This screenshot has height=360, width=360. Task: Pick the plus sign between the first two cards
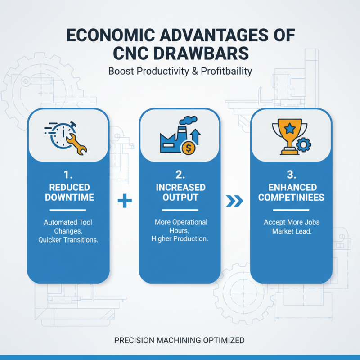pyautogui.click(x=124, y=202)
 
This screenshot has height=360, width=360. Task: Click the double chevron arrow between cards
pyautogui.click(x=236, y=202)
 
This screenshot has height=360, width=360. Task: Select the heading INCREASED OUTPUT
pyautogui.click(x=180, y=192)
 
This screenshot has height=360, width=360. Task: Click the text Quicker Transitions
pyautogui.click(x=68, y=239)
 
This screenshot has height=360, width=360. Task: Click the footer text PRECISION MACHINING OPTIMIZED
pyautogui.click(x=180, y=341)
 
